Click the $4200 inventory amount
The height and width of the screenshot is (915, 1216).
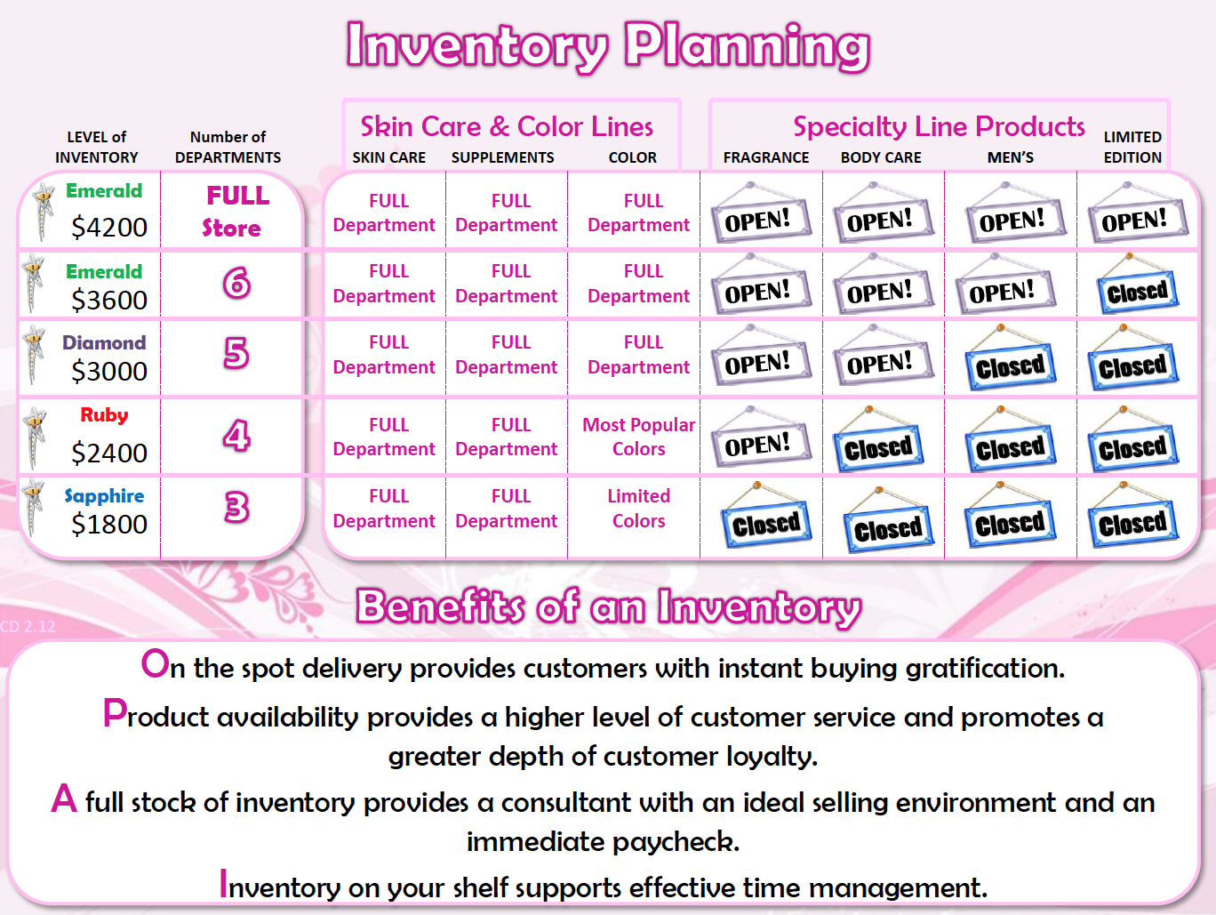(x=109, y=228)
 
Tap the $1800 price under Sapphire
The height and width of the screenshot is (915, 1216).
(x=109, y=525)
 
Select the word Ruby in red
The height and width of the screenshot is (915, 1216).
(x=104, y=415)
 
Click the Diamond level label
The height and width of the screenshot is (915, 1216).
(x=104, y=342)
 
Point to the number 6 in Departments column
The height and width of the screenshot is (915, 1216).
(x=236, y=283)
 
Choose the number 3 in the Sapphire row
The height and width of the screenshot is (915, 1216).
(x=236, y=507)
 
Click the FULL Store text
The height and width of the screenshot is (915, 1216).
(x=235, y=211)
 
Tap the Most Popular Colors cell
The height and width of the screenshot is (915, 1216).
(x=639, y=437)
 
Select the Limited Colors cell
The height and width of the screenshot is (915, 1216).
(x=639, y=509)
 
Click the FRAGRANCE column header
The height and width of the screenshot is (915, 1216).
(x=766, y=157)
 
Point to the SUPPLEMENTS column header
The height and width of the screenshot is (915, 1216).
(x=502, y=157)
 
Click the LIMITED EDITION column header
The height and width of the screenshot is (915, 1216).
(x=1132, y=147)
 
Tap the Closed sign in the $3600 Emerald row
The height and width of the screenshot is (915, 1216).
(x=1138, y=285)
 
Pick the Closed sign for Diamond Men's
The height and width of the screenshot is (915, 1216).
(x=1011, y=358)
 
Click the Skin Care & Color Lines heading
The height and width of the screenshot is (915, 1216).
(x=507, y=126)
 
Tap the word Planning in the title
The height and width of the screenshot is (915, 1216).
(x=748, y=46)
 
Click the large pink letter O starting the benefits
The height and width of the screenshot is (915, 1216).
(x=155, y=663)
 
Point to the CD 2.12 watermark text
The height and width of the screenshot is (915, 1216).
(x=28, y=627)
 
